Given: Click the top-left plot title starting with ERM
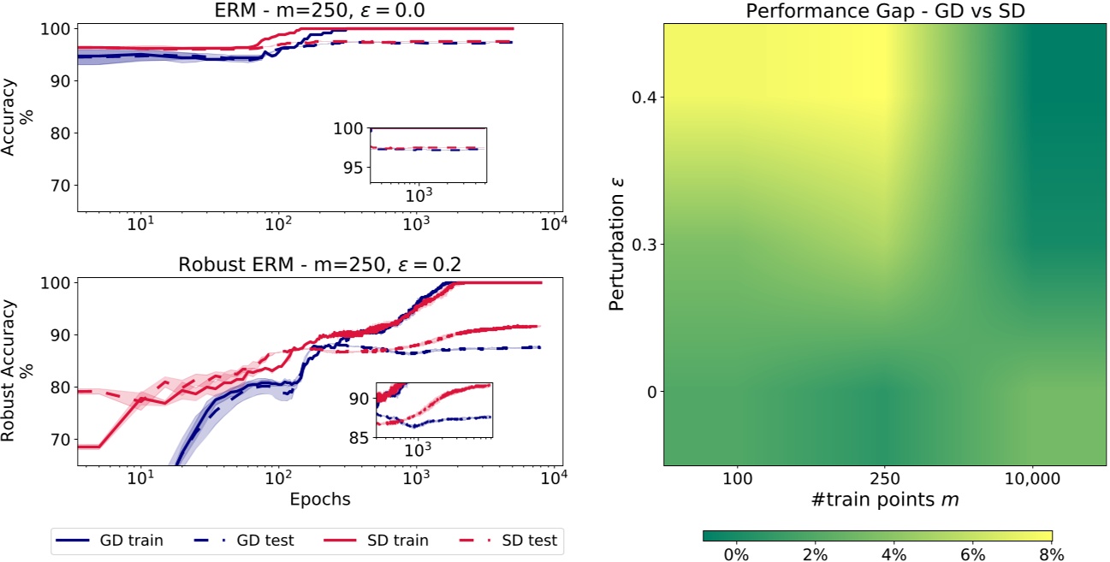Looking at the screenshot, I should click(318, 10).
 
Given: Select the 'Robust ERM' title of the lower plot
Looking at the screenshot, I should click(318, 263).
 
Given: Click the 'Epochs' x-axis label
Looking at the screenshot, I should click(318, 498).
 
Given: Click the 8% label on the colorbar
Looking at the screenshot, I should click(1052, 554).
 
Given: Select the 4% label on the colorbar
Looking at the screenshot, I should click(894, 554).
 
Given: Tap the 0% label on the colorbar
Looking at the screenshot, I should click(736, 554).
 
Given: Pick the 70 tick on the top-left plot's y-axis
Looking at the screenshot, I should click(60, 186).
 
